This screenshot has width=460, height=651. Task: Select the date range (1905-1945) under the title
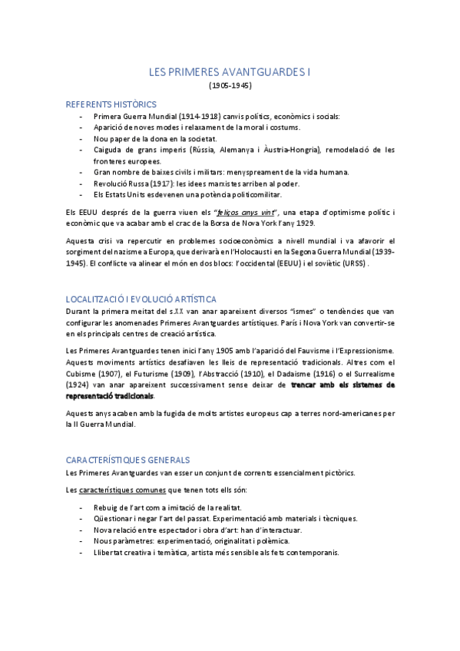[230, 85]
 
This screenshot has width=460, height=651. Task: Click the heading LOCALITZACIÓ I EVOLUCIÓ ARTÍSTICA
[141, 299]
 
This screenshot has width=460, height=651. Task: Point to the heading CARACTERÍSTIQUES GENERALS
[127, 459]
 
